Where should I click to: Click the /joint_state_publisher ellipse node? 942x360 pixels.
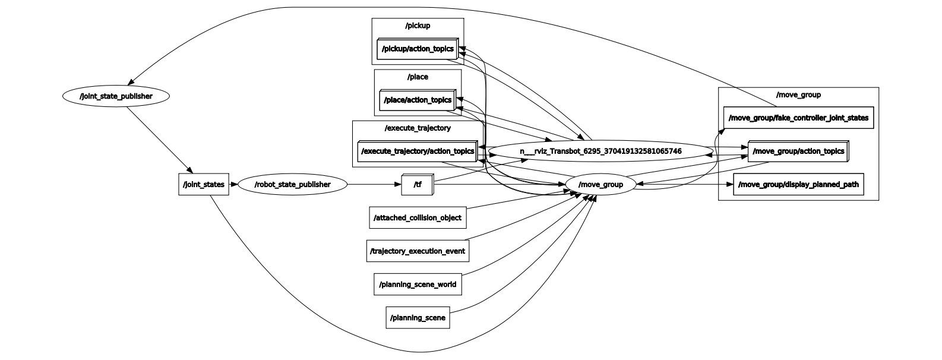[116, 96]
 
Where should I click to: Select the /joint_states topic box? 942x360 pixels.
[204, 184]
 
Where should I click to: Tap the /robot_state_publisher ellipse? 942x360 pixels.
[293, 184]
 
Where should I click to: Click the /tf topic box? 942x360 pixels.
[417, 184]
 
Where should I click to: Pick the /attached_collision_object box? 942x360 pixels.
[418, 217]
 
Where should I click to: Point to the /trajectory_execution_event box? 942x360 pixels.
[418, 251]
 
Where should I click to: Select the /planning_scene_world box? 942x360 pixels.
[418, 285]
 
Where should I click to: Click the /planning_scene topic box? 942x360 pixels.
[418, 317]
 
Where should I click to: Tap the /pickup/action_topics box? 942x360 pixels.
[418, 49]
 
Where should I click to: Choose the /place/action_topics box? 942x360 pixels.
[418, 100]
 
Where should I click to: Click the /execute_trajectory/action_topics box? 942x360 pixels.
[418, 151]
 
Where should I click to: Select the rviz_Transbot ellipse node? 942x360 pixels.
[600, 151]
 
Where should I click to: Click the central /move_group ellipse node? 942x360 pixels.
[600, 184]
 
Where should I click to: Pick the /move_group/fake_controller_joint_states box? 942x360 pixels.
[799, 118]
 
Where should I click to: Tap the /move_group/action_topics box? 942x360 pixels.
[799, 151]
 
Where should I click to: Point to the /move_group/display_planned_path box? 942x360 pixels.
[799, 184]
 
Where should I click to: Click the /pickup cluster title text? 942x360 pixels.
[418, 26]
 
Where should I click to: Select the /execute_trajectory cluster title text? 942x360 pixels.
[418, 128]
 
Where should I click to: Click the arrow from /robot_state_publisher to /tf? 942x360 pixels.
[374, 184]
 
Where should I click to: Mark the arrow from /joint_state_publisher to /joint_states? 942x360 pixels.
[160, 140]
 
